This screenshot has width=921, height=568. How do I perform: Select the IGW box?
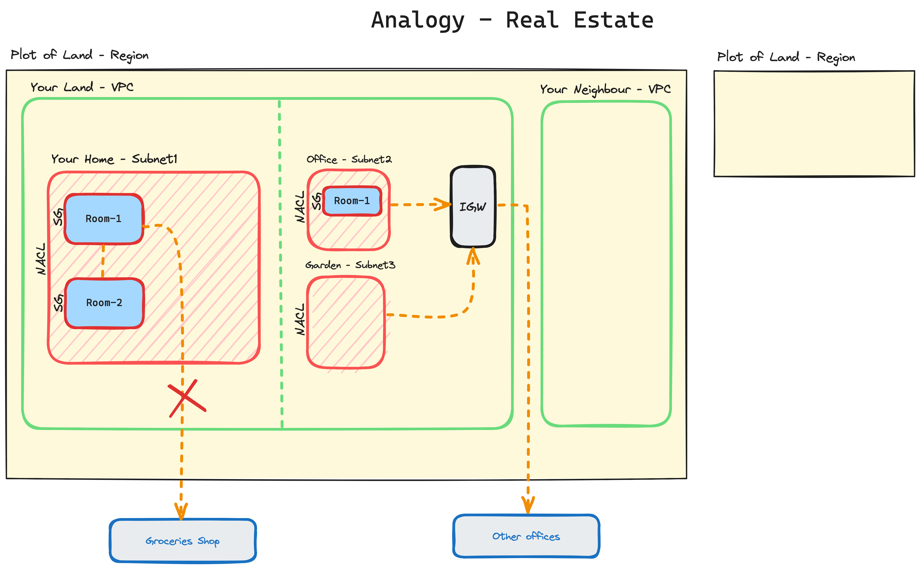473,207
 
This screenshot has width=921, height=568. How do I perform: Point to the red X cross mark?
186,398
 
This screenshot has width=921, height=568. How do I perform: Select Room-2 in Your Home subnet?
104,303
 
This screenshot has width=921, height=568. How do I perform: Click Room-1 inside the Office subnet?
352,201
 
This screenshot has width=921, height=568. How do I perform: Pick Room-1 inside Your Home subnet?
103,219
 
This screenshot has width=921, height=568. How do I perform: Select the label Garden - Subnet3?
350,265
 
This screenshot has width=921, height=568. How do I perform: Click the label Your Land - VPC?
82,87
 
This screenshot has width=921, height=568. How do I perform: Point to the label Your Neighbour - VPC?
605,89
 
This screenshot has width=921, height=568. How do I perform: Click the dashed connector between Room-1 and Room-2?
103,261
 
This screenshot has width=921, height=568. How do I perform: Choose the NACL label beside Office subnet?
300,207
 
